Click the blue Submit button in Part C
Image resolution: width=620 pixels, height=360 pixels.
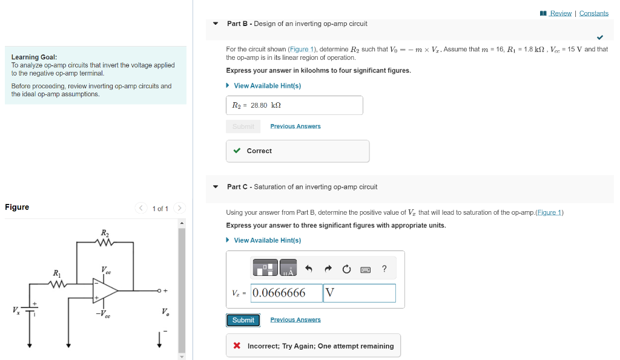[x=243, y=320]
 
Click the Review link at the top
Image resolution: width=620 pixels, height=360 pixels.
[x=560, y=13]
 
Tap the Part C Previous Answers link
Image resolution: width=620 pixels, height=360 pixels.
[x=295, y=320]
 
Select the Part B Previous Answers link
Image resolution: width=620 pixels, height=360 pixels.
[x=295, y=126]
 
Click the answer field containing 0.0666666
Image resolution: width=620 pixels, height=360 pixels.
[x=286, y=293]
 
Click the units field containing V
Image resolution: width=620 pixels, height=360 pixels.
[x=359, y=293]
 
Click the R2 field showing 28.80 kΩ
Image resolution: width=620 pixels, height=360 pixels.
[x=294, y=105]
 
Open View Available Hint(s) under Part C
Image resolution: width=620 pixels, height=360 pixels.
[x=267, y=240]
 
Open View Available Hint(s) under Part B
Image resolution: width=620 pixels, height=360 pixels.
[x=267, y=86]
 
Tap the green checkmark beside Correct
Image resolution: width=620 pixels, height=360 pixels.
[x=237, y=151]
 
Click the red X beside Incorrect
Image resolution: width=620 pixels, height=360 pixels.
[x=237, y=346]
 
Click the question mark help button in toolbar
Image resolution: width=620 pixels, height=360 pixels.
[x=384, y=269]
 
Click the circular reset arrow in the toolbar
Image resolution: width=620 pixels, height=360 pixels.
[x=346, y=269]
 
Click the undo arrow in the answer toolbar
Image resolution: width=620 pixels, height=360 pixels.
[x=308, y=269]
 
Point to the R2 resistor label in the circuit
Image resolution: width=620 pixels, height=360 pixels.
[x=105, y=233]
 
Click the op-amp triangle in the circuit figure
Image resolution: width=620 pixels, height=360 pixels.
[x=104, y=291]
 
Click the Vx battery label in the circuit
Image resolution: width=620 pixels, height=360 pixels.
[x=16, y=310]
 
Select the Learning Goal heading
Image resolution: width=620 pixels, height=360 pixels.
[x=34, y=57]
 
